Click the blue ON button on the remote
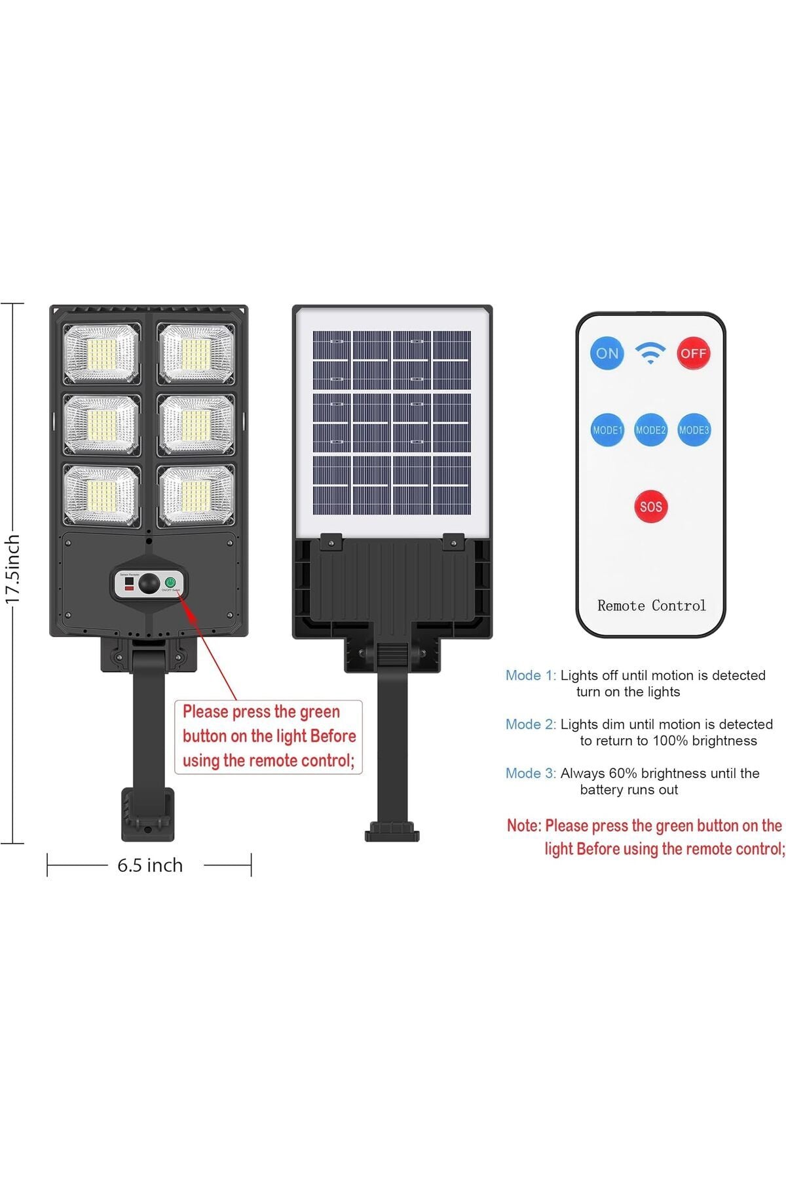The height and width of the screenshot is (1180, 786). pyautogui.click(x=607, y=353)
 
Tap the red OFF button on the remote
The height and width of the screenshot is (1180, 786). pyautogui.click(x=693, y=353)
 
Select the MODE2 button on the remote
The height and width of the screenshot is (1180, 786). pyautogui.click(x=650, y=430)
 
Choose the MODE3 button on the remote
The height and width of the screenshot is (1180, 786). pyautogui.click(x=694, y=430)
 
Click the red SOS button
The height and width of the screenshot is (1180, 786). pyautogui.click(x=650, y=507)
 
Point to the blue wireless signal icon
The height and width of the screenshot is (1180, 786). pyautogui.click(x=650, y=353)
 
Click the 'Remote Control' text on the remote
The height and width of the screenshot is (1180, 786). pyautogui.click(x=651, y=606)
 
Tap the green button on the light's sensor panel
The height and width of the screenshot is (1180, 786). pyautogui.click(x=170, y=581)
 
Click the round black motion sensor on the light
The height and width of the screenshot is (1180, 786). pyautogui.click(x=150, y=583)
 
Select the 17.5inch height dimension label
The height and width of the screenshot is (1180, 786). pyautogui.click(x=13, y=568)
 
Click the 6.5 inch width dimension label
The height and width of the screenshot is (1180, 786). pyautogui.click(x=150, y=865)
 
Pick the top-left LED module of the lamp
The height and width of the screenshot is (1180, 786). pyautogui.click(x=102, y=354)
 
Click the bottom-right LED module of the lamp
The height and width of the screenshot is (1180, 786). pyautogui.click(x=196, y=496)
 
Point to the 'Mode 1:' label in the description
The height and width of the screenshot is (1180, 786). pyautogui.click(x=531, y=675)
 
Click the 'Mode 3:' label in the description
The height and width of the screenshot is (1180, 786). pyautogui.click(x=531, y=774)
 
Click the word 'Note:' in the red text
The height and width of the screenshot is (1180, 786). pyautogui.click(x=524, y=826)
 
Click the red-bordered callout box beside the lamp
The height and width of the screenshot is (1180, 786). pyautogui.click(x=269, y=736)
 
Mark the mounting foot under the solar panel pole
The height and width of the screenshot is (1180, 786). pyautogui.click(x=392, y=831)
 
